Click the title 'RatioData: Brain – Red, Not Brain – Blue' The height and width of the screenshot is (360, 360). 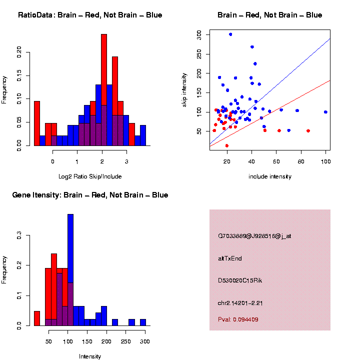[90, 15]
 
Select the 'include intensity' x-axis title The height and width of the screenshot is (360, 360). [270, 176]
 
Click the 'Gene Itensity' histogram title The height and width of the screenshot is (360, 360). [90, 195]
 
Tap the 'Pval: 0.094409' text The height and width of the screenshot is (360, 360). [238, 319]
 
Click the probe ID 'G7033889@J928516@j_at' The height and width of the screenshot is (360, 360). [254, 236]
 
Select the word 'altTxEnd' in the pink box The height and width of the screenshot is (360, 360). [230, 258]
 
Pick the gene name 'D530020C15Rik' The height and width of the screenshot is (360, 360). [240, 280]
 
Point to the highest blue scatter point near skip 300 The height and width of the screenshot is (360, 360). [230, 34]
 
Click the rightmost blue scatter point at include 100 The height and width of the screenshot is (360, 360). [325, 112]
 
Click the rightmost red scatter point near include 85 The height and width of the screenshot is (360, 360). [308, 131]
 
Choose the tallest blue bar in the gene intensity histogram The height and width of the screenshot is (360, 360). [70, 270]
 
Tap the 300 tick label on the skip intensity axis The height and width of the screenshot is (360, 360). [199, 34]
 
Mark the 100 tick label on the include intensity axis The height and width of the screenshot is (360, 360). [325, 161]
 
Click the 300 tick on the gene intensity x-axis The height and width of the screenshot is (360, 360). [145, 341]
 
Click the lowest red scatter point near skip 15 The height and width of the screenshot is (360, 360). [227, 145]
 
